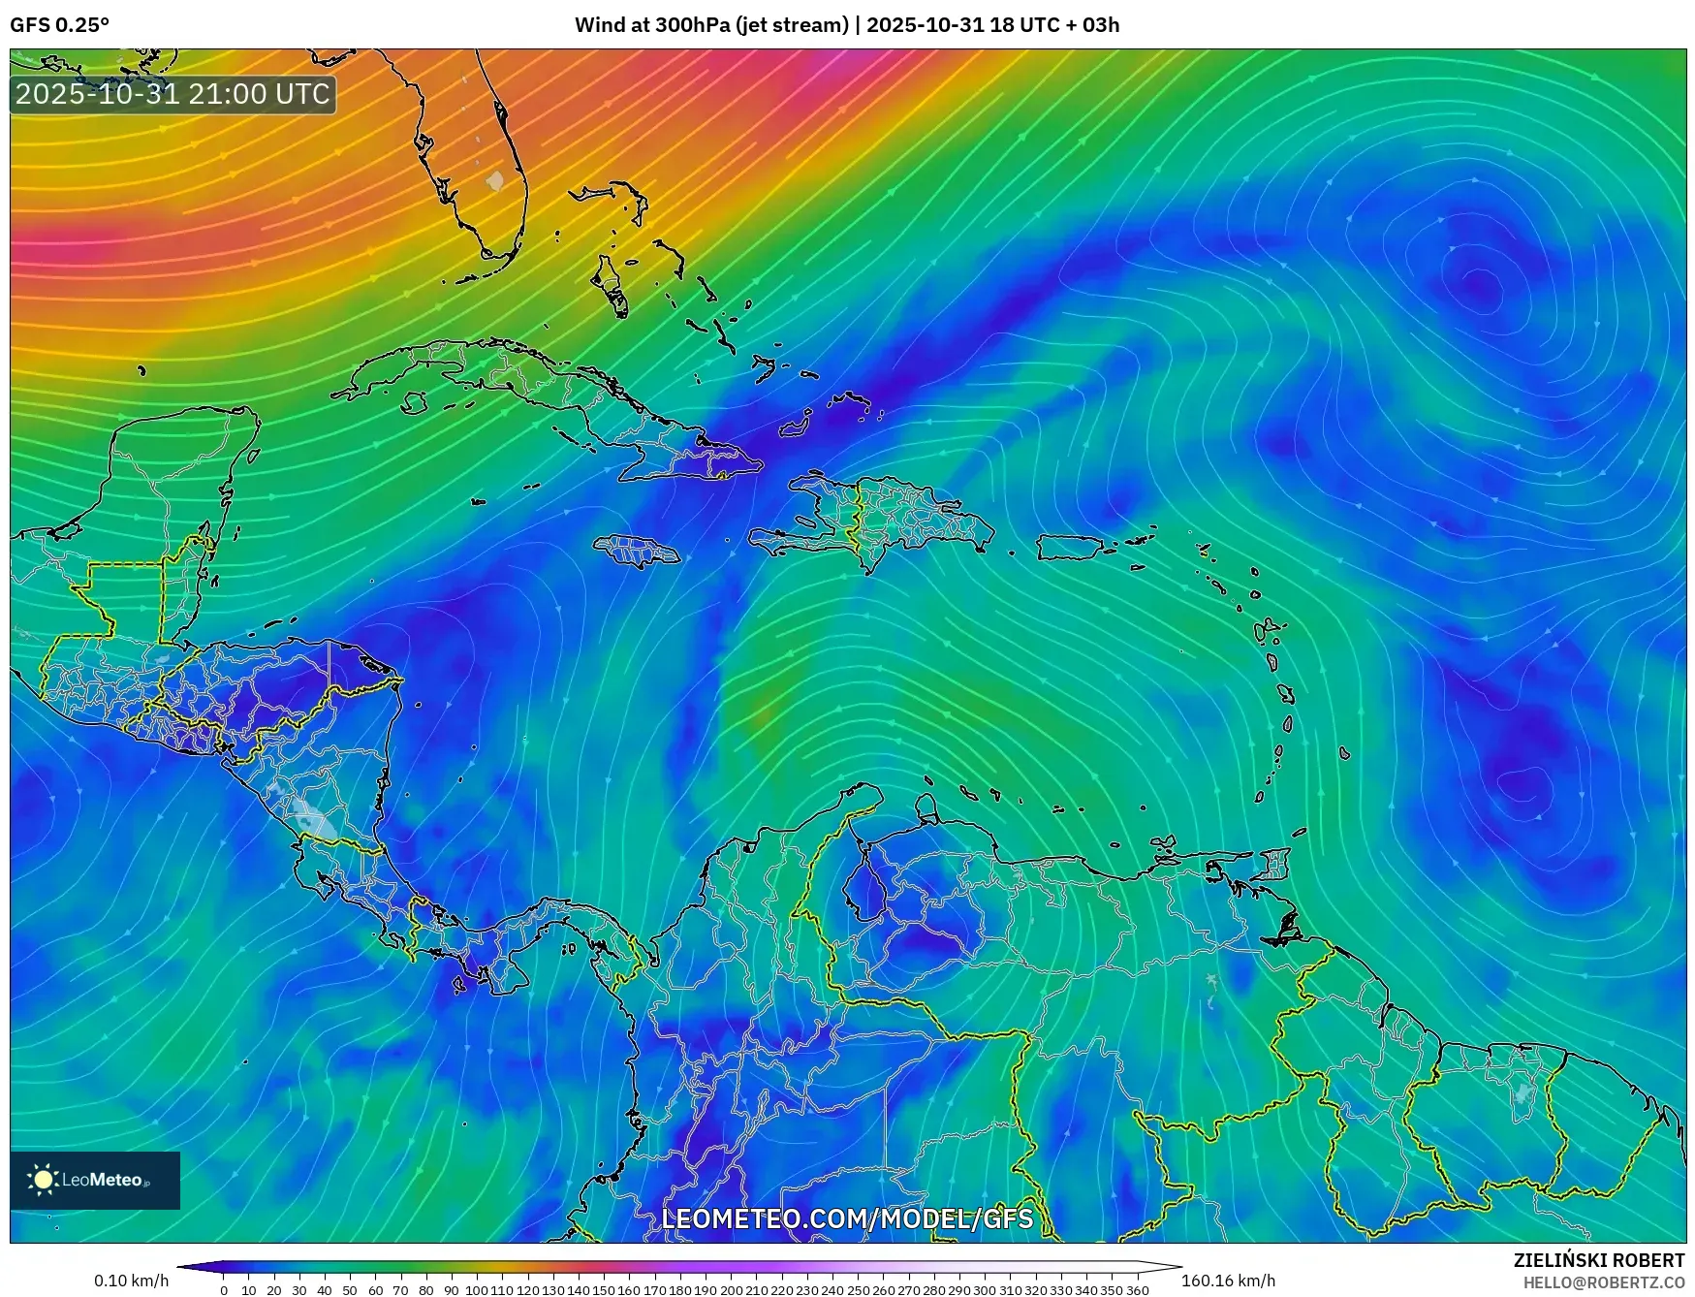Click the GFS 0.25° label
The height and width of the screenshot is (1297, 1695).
click(59, 25)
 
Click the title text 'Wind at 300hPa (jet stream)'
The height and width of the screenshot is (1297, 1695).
click(711, 25)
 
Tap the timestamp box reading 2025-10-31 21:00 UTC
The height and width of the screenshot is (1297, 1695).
click(173, 94)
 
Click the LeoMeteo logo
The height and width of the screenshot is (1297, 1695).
click(95, 1180)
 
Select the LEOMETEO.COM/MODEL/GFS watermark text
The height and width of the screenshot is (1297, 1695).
click(847, 1218)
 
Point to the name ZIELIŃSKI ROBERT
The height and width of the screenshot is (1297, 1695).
click(1599, 1260)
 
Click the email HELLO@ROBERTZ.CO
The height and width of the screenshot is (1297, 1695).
click(1603, 1282)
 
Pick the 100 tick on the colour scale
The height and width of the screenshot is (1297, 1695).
click(477, 1290)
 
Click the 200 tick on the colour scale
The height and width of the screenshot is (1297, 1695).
click(732, 1290)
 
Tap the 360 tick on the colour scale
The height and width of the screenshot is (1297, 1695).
click(1138, 1290)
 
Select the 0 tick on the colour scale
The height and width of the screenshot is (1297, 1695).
click(224, 1290)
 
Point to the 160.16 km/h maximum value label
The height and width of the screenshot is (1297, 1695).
click(1228, 1281)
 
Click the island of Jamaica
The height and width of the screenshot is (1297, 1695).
click(637, 552)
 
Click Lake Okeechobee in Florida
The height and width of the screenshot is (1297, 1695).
click(495, 180)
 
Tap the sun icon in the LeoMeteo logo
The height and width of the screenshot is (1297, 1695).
click(43, 1180)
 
